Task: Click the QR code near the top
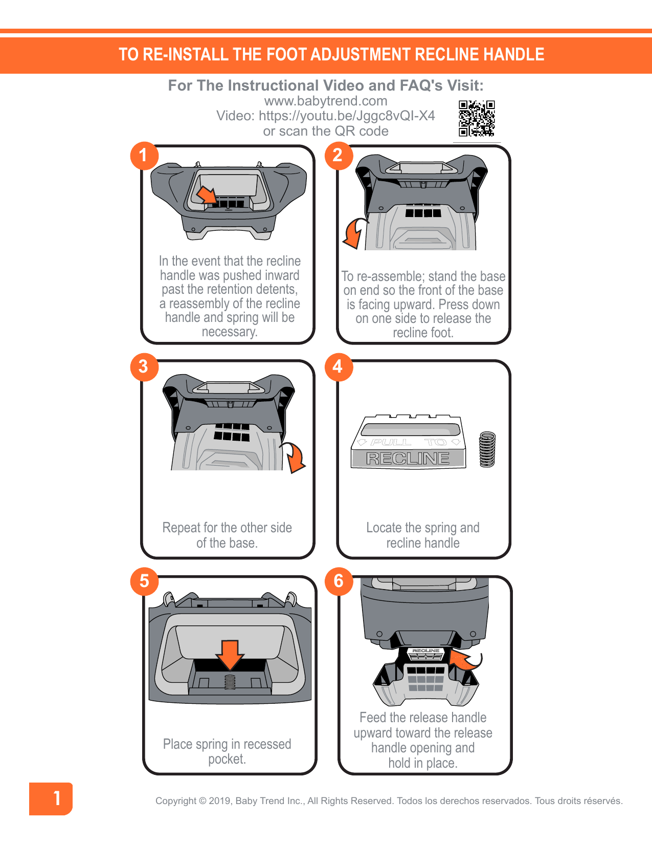pyautogui.click(x=477, y=119)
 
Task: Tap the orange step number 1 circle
pyautogui.click(x=144, y=156)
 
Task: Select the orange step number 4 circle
pyautogui.click(x=338, y=366)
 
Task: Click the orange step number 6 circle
pyautogui.click(x=339, y=581)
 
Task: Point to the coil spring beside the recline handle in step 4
pyautogui.click(x=487, y=449)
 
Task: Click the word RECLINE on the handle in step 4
pyautogui.click(x=408, y=459)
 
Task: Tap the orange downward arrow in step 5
pyautogui.click(x=230, y=654)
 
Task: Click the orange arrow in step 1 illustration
pyautogui.click(x=207, y=195)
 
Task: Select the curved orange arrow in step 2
pyautogui.click(x=353, y=233)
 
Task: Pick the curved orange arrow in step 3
pyautogui.click(x=296, y=457)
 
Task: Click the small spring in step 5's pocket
pyautogui.click(x=230, y=681)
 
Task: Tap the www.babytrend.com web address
pyautogui.click(x=326, y=101)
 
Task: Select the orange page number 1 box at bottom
pyautogui.click(x=51, y=798)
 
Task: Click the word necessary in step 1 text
pyautogui.click(x=229, y=332)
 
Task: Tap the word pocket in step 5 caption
pyautogui.click(x=227, y=759)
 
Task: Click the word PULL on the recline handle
pyautogui.click(x=391, y=442)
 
